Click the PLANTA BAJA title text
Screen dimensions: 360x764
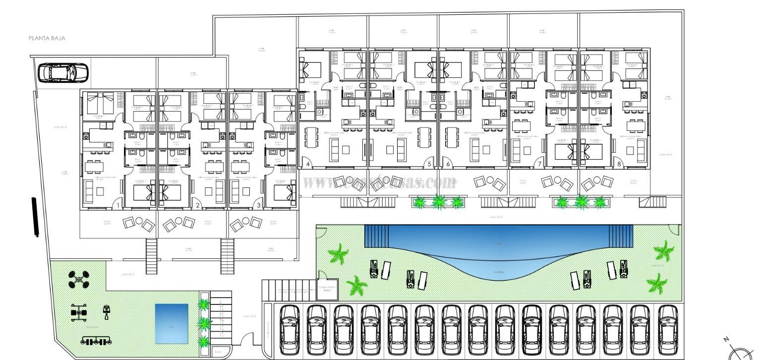[47, 38]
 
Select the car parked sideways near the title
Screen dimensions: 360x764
[63, 72]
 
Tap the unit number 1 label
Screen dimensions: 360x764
[118, 204]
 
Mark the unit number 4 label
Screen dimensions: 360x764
[308, 164]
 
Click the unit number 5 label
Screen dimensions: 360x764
[429, 164]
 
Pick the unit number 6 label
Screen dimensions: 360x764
[448, 164]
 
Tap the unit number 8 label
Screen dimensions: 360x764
[619, 164]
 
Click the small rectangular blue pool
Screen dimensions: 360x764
[172, 323]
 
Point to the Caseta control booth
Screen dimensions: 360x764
[327, 290]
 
